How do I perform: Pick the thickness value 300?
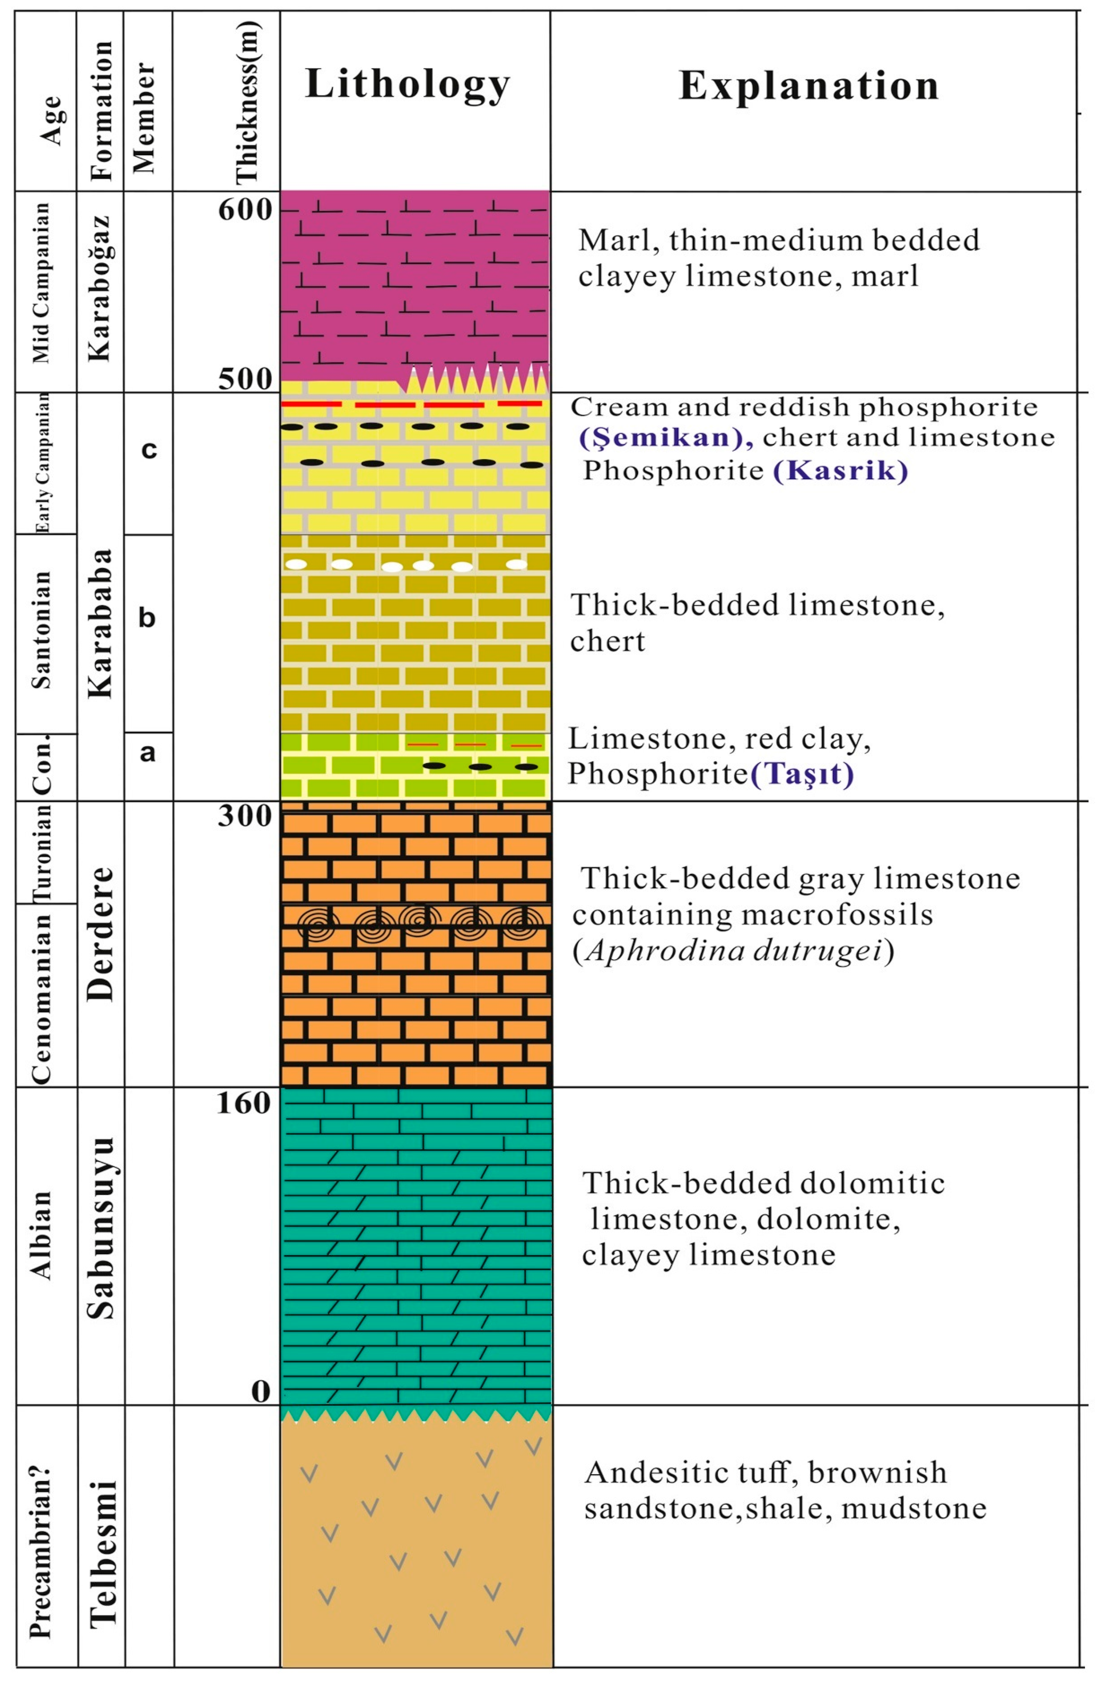244,816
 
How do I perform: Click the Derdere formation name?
100,934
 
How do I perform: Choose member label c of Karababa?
148,449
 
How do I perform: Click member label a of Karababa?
147,752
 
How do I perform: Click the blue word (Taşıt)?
802,774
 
